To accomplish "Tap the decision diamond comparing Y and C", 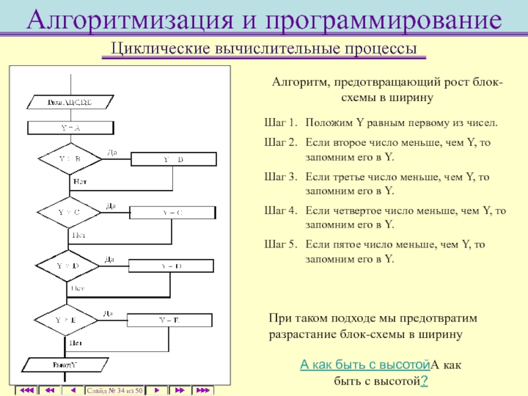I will click(69, 212).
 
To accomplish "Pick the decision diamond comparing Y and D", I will click(67, 265).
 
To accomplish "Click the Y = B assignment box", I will click(174, 159).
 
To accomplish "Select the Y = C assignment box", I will click(172, 212).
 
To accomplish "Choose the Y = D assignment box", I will click(171, 265).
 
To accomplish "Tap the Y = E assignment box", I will click(169, 319).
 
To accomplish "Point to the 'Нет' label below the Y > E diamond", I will click(75, 343).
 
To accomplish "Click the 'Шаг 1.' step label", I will click(280, 123).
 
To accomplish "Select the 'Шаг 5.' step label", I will click(280, 244).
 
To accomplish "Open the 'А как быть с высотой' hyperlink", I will click(365, 364).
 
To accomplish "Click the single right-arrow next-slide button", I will click(156, 391).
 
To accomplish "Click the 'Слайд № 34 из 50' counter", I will click(115, 391).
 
